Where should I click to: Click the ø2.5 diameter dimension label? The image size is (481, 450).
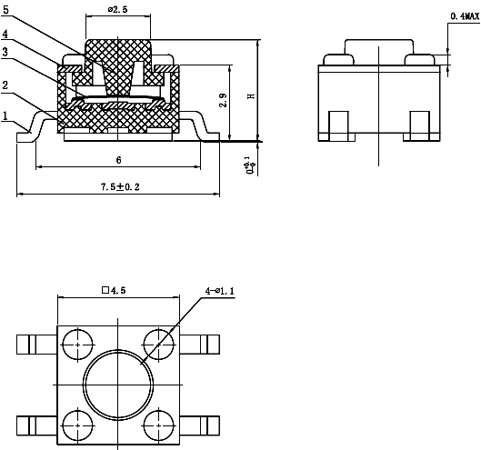click(x=118, y=9)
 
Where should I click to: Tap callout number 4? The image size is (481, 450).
click(x=6, y=35)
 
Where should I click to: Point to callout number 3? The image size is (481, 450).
click(x=6, y=53)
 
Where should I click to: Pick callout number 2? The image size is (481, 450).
click(x=6, y=85)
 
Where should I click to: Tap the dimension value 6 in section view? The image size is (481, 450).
click(x=118, y=159)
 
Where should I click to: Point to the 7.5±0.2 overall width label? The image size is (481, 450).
click(x=118, y=186)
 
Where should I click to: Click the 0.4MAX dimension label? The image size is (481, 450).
click(x=465, y=16)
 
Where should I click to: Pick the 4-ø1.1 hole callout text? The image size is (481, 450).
click(x=219, y=291)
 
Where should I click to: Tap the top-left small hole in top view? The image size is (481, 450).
click(x=77, y=345)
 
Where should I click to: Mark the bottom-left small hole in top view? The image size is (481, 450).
click(x=77, y=423)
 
